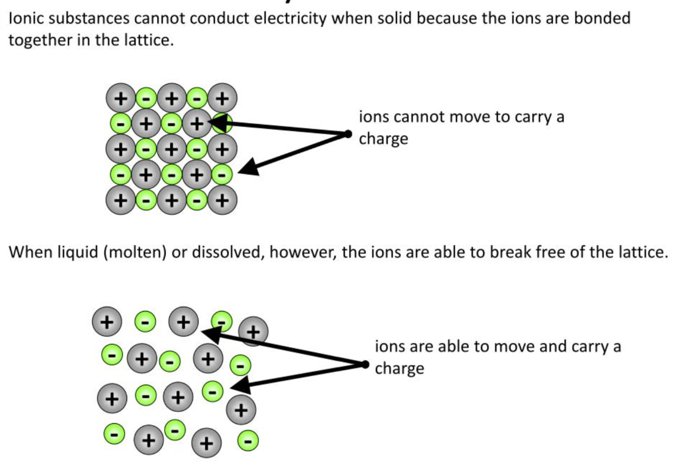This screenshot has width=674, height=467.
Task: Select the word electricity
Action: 289,19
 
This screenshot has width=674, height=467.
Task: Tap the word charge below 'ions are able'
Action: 399,368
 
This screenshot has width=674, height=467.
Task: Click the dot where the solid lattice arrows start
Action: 348,134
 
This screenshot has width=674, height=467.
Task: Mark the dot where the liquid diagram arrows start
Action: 365,364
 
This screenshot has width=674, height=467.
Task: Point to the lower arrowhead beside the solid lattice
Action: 247,169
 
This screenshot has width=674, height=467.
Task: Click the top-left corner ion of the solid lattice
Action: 120,98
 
